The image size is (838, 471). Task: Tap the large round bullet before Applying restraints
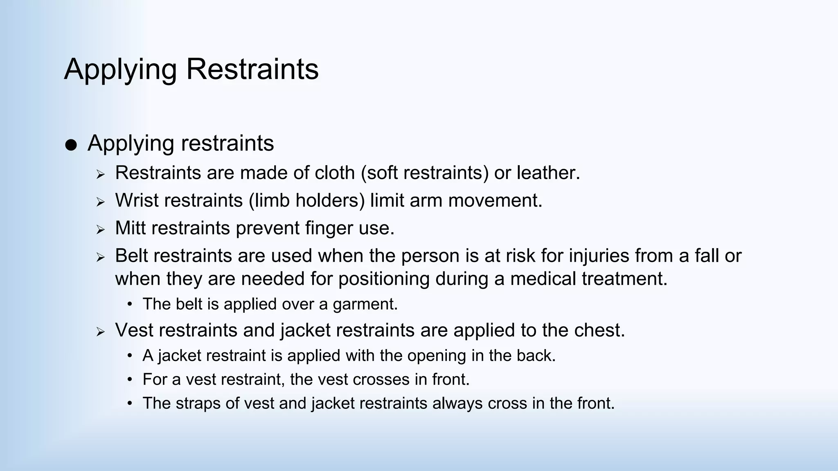point(71,145)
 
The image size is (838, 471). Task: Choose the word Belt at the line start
point(131,256)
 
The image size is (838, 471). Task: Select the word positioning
point(384,279)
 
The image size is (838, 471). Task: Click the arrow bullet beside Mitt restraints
point(101,229)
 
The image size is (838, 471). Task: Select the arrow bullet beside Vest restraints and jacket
point(101,332)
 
